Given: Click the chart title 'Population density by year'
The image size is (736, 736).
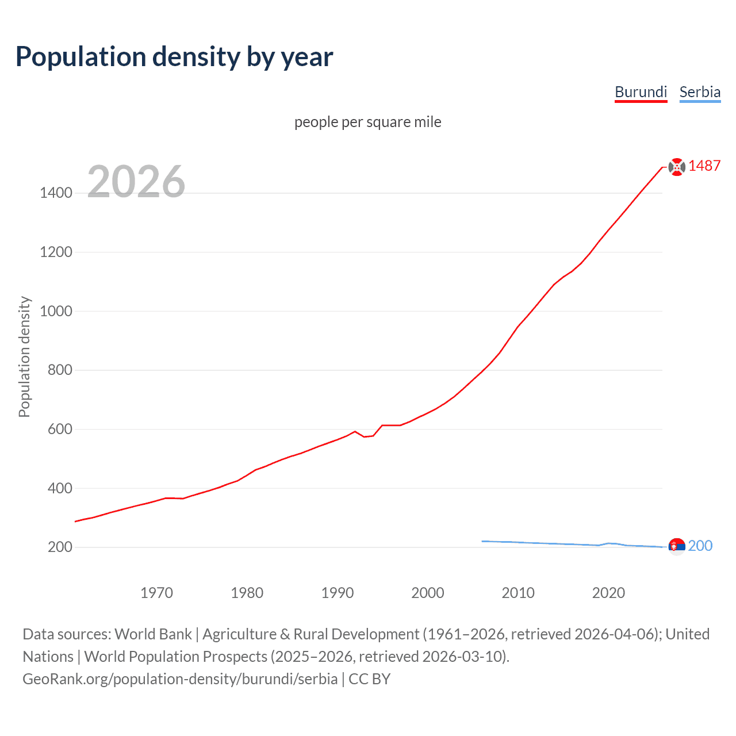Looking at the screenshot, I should [x=174, y=56].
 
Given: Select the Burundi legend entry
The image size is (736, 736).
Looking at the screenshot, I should [x=641, y=92].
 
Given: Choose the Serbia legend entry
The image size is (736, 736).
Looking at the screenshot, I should [x=699, y=92].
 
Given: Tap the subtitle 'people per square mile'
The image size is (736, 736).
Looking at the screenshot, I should [x=367, y=122].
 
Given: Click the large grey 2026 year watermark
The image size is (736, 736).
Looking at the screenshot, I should [x=136, y=182].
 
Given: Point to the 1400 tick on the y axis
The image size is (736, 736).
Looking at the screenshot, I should [x=56, y=193].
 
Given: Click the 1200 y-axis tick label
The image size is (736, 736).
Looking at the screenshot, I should [x=56, y=252].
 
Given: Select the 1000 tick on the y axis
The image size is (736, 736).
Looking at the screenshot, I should [x=56, y=311].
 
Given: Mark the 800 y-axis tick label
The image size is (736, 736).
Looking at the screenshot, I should [x=60, y=370].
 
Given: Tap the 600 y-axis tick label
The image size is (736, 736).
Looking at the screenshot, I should [x=60, y=430].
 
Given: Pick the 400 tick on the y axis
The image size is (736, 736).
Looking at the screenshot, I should [x=60, y=488].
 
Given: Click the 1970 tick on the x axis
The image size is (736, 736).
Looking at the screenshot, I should [x=156, y=593].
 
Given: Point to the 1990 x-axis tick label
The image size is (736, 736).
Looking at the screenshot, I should [x=338, y=593].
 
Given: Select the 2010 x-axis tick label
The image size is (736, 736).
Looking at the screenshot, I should [x=518, y=593].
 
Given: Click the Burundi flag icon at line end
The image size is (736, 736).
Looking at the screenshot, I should [x=677, y=167].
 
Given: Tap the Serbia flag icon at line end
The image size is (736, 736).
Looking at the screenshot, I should [x=677, y=546].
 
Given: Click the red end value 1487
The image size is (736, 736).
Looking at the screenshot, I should [x=704, y=166].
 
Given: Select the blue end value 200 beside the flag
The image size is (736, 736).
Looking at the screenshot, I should [x=700, y=546].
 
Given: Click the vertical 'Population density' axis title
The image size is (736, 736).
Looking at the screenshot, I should [x=24, y=356].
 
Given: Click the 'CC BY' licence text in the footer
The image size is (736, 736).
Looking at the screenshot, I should [x=369, y=679].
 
